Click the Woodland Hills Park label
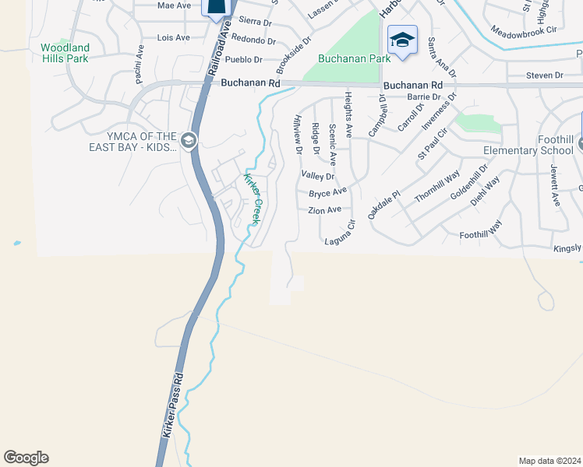coord(65,53)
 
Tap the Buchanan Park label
coord(343,59)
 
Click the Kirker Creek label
coord(252,199)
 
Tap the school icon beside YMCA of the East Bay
coord(188,141)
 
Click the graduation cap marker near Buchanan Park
coord(402,40)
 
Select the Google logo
coord(26,458)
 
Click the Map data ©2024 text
coord(549,461)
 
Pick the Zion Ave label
coord(324,210)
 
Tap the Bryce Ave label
coord(327,192)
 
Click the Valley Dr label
coord(317,177)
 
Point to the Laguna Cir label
coord(340,234)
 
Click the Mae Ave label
coord(174,5)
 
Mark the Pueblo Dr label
coord(243,59)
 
